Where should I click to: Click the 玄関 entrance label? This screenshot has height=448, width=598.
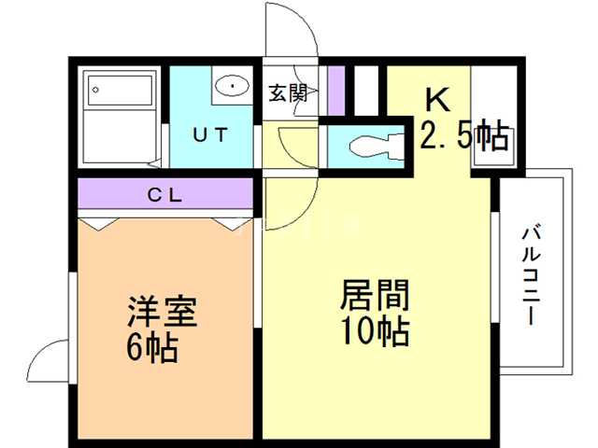(x=288, y=92)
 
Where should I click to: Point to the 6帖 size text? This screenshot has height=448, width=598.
(x=151, y=348)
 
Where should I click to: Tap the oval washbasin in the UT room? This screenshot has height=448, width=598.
(x=229, y=88)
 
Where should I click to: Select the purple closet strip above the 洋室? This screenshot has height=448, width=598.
(x=164, y=196)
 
